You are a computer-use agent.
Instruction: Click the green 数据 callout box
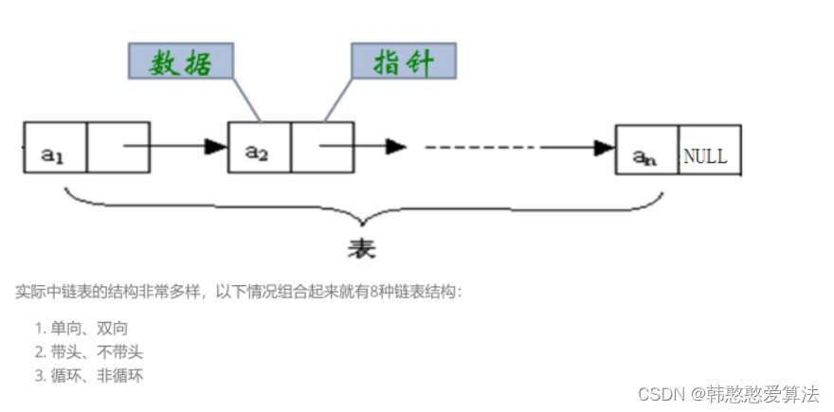click(x=180, y=62)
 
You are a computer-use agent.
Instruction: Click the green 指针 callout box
click(x=404, y=62)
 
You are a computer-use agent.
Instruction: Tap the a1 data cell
click(x=55, y=148)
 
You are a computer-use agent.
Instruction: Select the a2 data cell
click(x=259, y=148)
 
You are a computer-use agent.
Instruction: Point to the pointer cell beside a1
click(x=118, y=148)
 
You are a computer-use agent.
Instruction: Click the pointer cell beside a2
click(x=321, y=148)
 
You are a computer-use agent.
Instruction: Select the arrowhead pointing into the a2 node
click(x=217, y=147)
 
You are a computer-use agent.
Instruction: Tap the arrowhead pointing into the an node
click(x=604, y=148)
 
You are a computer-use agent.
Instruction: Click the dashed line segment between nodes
click(x=480, y=147)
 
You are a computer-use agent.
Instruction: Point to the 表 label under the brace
click(x=361, y=247)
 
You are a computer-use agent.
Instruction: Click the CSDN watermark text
click(x=728, y=393)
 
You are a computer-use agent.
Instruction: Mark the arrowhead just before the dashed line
click(x=396, y=147)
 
